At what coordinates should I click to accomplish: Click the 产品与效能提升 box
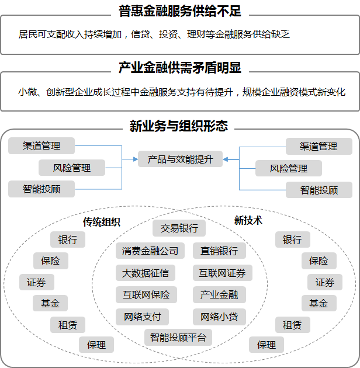tap(180, 159)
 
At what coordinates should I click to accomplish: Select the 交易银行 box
tap(179, 228)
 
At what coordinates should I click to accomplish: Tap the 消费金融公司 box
tap(150, 251)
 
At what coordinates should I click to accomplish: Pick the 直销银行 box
tap(219, 251)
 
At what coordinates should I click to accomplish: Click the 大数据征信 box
tap(146, 273)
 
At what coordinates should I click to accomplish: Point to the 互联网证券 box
tap(223, 273)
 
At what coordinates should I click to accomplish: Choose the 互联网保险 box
tap(146, 295)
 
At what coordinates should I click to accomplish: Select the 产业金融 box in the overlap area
tap(219, 295)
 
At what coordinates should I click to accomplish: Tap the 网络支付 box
tap(143, 317)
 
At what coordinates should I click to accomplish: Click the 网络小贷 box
tap(219, 317)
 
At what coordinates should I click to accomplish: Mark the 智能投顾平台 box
tap(178, 337)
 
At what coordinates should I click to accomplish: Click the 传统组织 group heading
tap(102, 222)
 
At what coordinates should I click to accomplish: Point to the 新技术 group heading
tap(248, 220)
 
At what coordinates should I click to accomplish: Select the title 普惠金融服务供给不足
tap(180, 11)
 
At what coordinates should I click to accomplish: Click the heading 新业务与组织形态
tap(179, 126)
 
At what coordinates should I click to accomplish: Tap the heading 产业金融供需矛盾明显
tap(180, 68)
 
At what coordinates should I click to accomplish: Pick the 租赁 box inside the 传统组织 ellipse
tap(68, 325)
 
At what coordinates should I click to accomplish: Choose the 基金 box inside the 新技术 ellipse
tap(319, 303)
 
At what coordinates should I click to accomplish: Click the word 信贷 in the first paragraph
tap(140, 34)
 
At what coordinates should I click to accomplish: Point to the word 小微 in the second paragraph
tap(27, 92)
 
